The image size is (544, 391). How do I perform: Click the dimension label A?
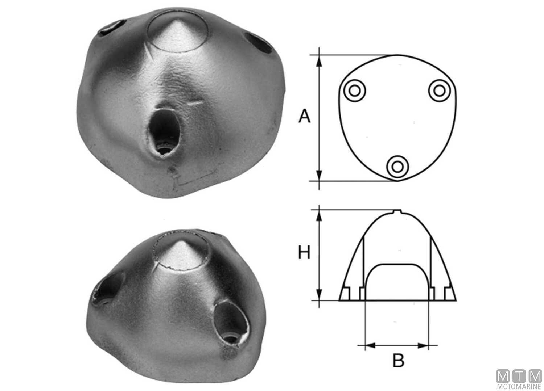[305, 117]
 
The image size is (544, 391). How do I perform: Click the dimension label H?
[304, 253]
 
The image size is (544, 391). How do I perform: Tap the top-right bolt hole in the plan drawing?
[439, 91]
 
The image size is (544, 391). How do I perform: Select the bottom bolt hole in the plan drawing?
[397, 167]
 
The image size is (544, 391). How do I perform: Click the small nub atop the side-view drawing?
[398, 211]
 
